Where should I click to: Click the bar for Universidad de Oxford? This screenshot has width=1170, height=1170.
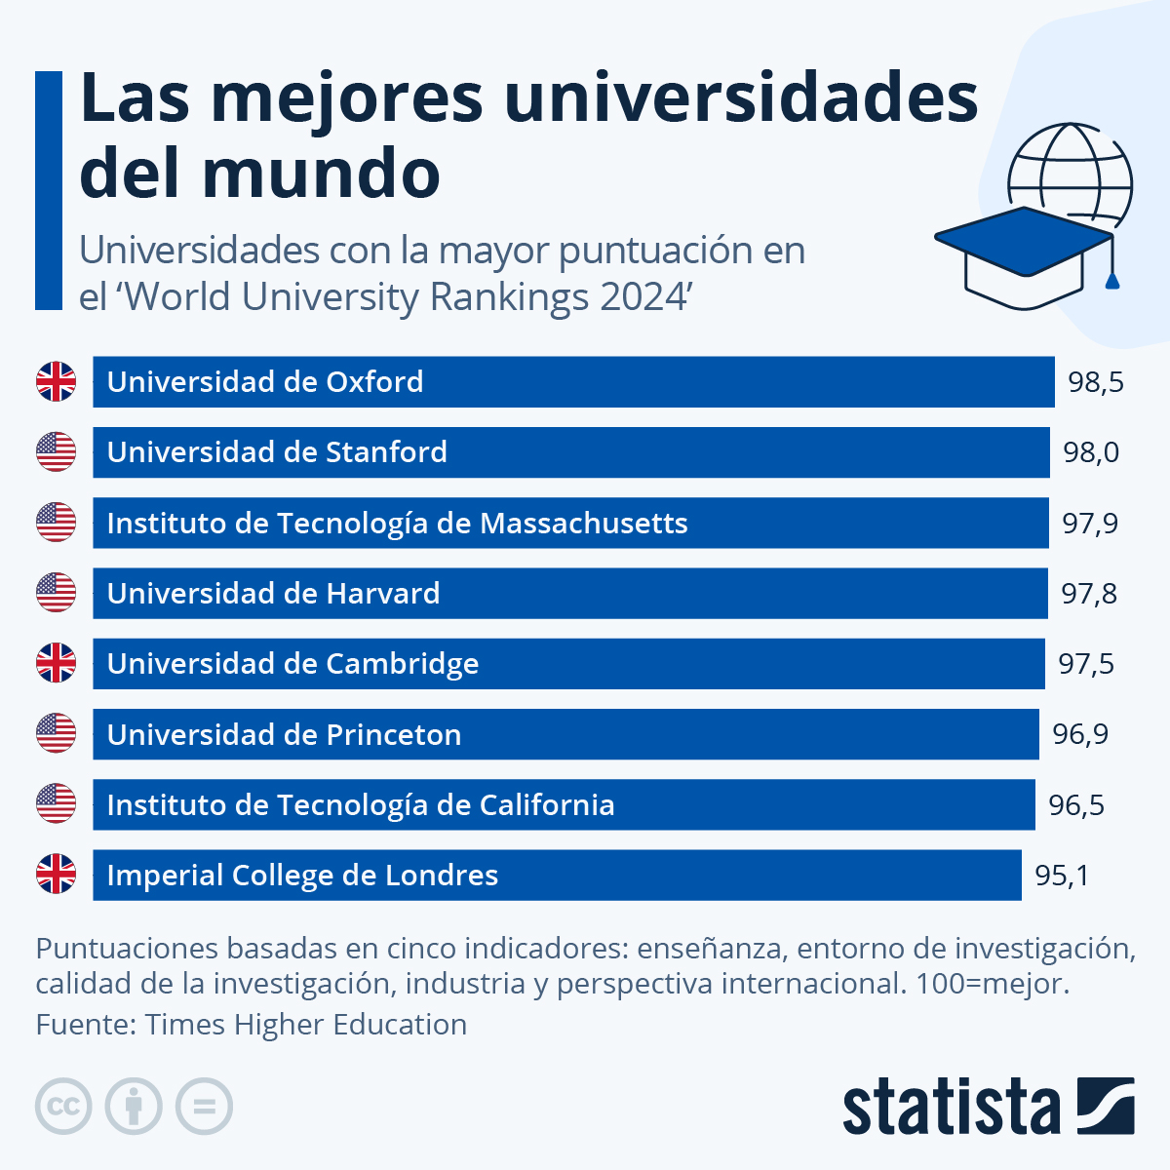(573, 382)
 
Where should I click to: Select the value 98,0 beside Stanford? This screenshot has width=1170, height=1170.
(1091, 452)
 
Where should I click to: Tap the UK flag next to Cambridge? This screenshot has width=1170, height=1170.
(56, 663)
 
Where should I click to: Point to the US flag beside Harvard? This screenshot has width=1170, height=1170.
(56, 593)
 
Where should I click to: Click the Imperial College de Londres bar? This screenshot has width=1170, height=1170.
(557, 876)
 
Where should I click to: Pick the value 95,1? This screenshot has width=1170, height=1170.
(1062, 876)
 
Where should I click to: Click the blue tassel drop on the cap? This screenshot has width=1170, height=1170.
(1111, 282)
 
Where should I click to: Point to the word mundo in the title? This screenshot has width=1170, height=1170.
(322, 174)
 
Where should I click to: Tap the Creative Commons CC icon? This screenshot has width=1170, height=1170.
(63, 1107)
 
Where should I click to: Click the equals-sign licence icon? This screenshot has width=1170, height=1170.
(204, 1107)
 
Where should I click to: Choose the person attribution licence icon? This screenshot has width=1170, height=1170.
(134, 1107)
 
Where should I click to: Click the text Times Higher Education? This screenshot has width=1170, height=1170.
(305, 1025)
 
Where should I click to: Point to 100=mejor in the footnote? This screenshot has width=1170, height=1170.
(992, 984)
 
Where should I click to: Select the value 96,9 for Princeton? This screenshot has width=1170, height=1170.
(1080, 734)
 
